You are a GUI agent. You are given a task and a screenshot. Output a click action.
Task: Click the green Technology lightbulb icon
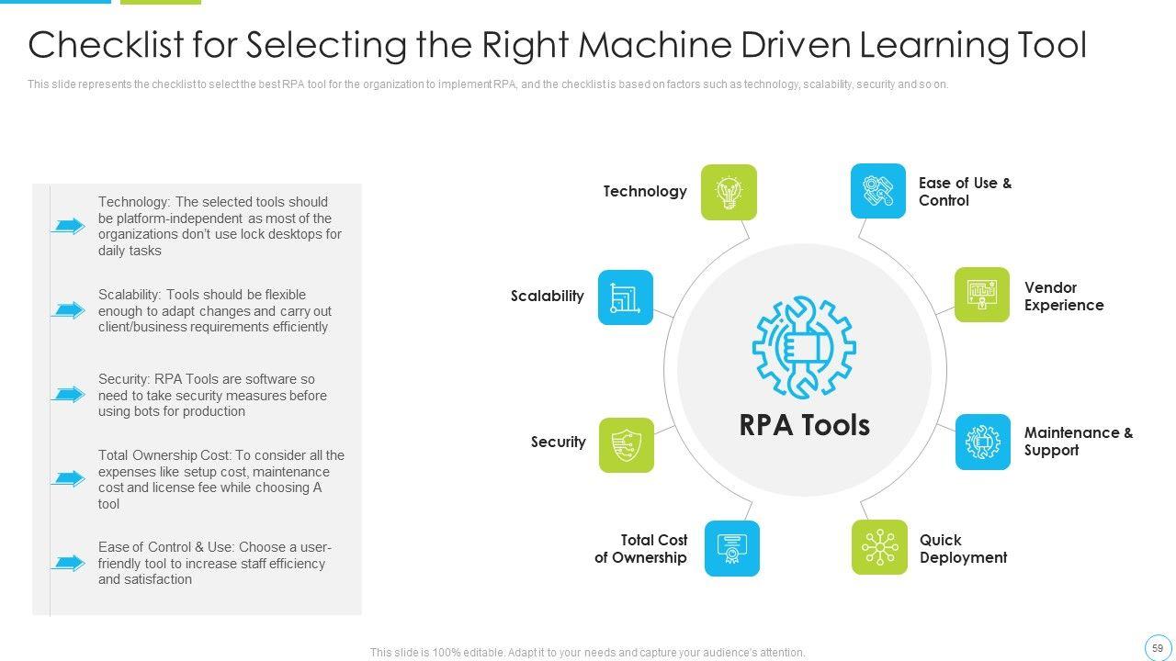click(x=729, y=192)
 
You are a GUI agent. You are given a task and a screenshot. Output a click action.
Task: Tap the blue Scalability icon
click(x=626, y=297)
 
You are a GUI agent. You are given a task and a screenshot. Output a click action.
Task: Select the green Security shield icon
click(x=627, y=445)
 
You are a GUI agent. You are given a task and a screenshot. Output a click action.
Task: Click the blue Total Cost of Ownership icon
click(x=732, y=548)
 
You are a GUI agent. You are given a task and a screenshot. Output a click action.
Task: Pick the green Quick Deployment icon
click(x=879, y=548)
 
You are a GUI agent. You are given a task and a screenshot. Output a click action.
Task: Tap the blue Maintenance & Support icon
click(x=983, y=442)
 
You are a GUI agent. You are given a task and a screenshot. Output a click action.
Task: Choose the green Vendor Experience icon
click(x=982, y=295)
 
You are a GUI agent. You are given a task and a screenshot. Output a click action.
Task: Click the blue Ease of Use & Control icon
click(x=878, y=191)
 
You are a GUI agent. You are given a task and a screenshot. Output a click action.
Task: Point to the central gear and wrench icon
click(x=804, y=347)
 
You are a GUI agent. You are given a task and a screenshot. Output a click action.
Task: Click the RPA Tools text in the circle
click(x=804, y=425)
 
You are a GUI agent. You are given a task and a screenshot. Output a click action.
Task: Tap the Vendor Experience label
click(x=1064, y=297)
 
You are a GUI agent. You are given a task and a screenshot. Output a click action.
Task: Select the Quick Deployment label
click(x=963, y=549)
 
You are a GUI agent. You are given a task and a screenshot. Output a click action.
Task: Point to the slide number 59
click(x=1158, y=648)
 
